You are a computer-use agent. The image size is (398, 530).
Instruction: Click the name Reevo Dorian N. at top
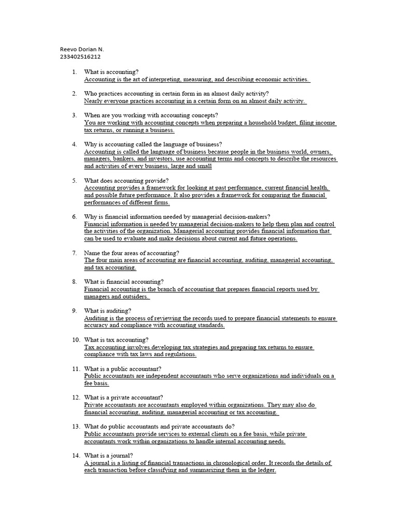(82, 49)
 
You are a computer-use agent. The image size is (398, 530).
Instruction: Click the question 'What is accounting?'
(111, 72)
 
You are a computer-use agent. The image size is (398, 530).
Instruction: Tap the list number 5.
(75, 181)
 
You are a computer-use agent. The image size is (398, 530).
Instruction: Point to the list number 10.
(76, 340)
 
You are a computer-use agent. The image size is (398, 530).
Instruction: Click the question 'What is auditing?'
(108, 311)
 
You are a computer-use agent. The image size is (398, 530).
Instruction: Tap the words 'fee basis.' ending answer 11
(96, 384)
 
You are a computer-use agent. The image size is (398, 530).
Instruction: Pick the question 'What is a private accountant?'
(123, 397)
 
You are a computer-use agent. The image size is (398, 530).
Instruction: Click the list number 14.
(76, 456)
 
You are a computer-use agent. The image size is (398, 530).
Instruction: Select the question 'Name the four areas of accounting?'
(132, 253)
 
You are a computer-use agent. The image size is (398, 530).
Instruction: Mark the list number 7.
(75, 253)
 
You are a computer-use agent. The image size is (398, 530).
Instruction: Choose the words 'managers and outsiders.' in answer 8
(117, 297)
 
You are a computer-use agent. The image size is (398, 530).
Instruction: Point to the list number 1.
(75, 72)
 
